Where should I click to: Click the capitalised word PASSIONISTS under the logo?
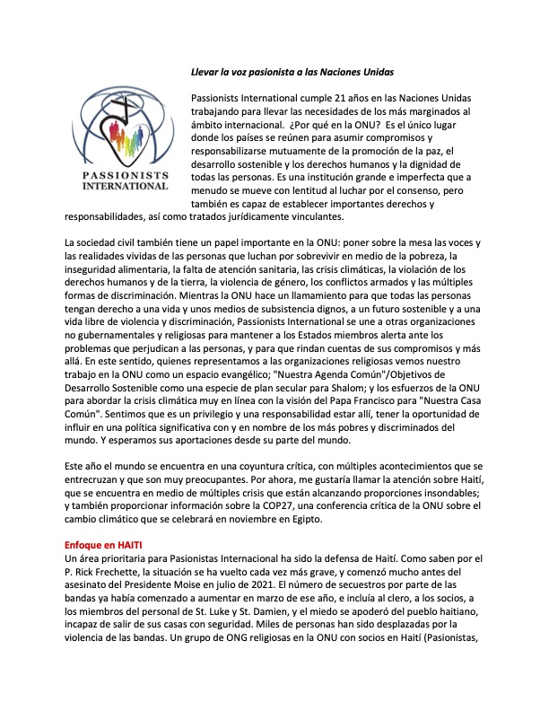(x=125, y=176)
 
